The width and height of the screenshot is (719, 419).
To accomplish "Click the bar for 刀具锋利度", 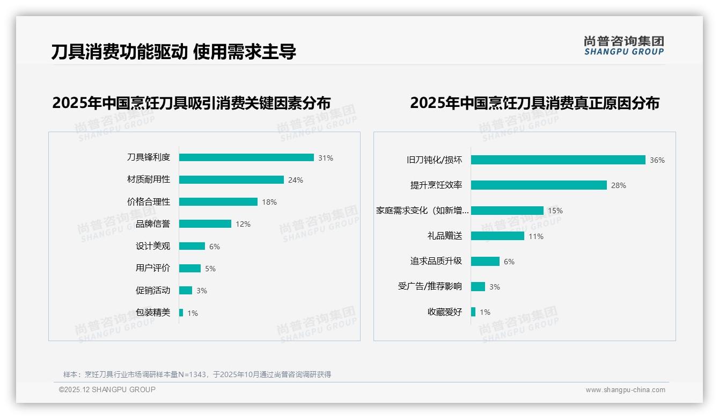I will coord(246,157).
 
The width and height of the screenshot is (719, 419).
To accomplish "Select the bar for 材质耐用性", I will coord(231,180).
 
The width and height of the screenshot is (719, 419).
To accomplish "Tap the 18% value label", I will coord(269,202).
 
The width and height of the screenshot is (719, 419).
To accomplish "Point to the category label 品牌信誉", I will coord(153,224).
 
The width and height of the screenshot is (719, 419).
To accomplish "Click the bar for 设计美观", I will coord(192,246).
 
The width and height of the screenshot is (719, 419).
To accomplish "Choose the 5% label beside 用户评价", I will coord(210,269).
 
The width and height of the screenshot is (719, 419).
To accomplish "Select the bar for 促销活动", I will coord(186,291).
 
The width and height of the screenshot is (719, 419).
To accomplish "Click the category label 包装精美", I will coord(153,313).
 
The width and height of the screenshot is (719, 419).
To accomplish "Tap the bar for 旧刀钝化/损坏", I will coord(558,160).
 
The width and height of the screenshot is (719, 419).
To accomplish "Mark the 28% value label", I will coord(619,185).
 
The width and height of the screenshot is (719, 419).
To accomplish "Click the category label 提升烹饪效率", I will coord(436,185).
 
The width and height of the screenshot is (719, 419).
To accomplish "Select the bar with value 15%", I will coord(507,211).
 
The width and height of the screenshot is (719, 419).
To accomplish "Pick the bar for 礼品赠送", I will coord(497,236).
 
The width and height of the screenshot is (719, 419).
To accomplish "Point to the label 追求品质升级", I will coord(436,261).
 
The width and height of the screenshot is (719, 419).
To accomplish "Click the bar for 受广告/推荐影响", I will coord(478,287).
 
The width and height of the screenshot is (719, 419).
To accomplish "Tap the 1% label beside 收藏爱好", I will coord(485,312).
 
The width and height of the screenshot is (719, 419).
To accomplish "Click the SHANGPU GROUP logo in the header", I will coord(624,46).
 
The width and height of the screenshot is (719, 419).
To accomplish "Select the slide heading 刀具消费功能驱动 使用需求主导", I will coord(174,52).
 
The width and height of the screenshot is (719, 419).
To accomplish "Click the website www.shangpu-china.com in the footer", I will coord(625,390).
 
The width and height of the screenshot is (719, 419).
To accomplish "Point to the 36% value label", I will coord(657,160).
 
